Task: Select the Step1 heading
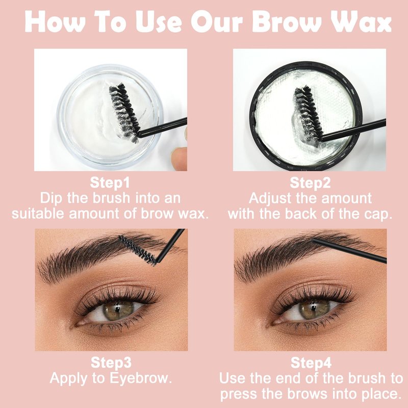[x=110, y=183]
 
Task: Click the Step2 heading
[x=310, y=183]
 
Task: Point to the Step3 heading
[x=111, y=363]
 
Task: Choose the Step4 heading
[x=311, y=363]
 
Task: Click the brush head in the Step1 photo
[x=124, y=112]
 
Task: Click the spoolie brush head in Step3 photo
[x=138, y=250]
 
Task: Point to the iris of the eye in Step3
[x=116, y=311]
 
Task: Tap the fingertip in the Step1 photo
[x=180, y=158]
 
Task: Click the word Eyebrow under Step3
[x=140, y=378]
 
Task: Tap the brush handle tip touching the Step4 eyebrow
[x=314, y=240]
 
